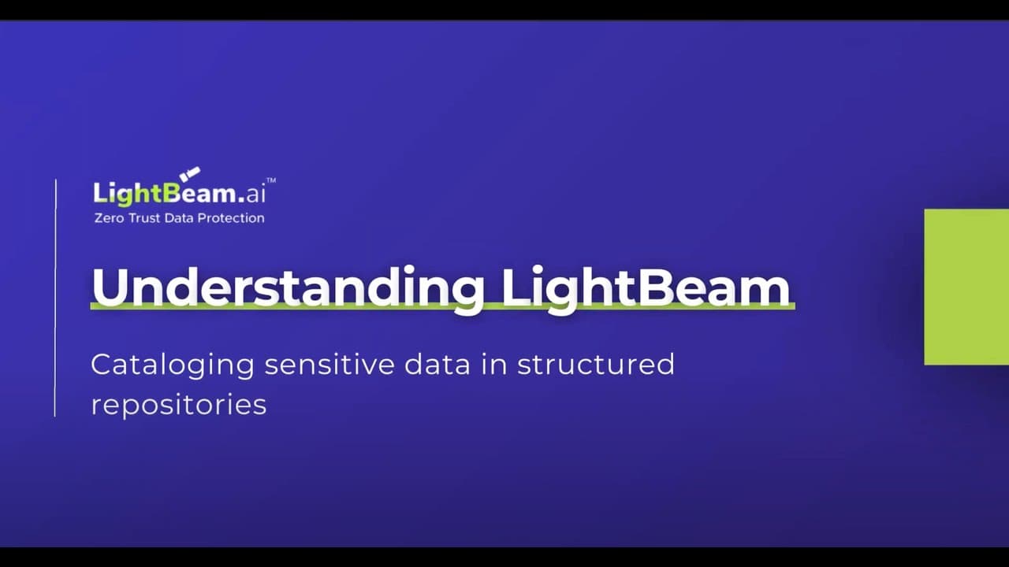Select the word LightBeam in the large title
646,289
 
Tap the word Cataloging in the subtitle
173,365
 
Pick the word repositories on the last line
179,405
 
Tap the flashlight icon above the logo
190,174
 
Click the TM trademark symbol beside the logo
271,180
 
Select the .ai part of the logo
251,195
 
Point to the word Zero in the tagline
109,218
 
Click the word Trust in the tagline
144,218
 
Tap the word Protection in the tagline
231,218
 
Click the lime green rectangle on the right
966,287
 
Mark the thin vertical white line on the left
55,298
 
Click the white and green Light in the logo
127,194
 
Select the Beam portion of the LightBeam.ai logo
199,193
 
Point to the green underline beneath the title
443,307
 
